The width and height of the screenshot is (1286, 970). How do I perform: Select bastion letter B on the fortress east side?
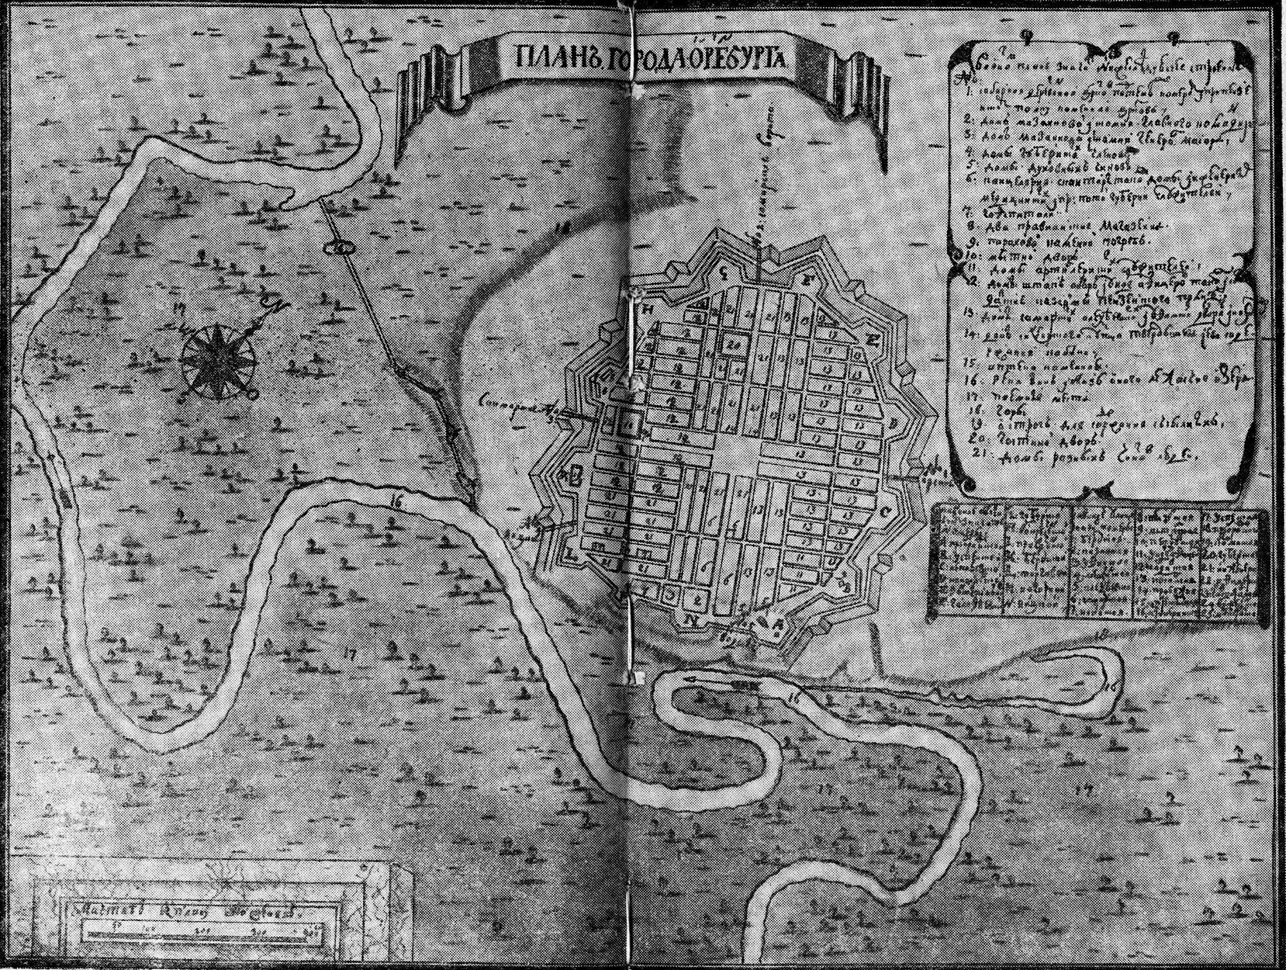pos(892,423)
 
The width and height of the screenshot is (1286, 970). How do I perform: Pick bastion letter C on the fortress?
pos(885,513)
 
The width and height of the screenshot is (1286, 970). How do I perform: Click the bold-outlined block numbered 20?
pos(732,343)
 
